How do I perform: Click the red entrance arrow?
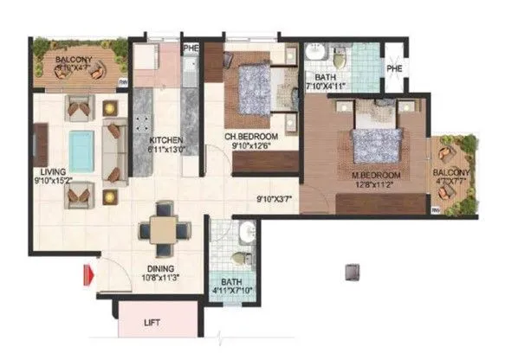tap(87, 276)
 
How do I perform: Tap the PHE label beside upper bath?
tap(395, 68)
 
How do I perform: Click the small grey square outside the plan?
tap(352, 271)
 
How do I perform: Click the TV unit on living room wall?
tap(41, 145)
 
